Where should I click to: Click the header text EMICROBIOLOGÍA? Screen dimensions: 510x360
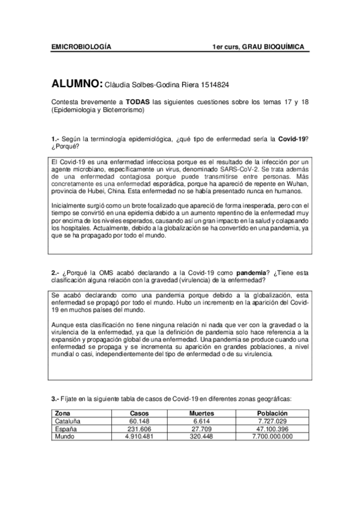[x=81, y=46]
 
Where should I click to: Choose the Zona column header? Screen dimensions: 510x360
[x=62, y=414]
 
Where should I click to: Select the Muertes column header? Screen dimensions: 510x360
[x=201, y=414]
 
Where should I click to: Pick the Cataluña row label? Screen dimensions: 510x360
[x=67, y=422]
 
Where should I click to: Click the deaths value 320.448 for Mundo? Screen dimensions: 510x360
[x=201, y=436]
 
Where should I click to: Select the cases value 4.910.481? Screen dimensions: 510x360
[x=139, y=436]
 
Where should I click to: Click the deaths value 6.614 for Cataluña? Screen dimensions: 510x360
[x=201, y=422]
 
